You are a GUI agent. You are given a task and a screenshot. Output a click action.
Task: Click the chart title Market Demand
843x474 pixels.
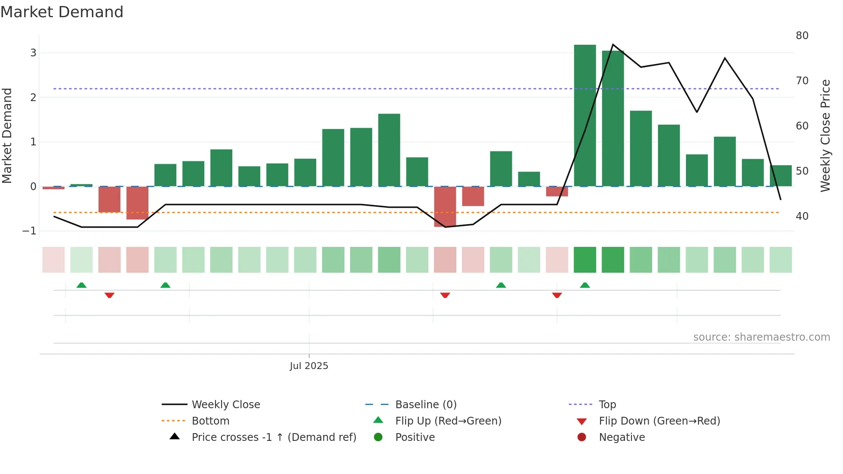coord(62,12)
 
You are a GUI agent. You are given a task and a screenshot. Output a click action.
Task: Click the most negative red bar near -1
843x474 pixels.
coord(445,206)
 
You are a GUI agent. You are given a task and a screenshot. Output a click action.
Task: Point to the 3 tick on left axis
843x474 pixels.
coord(33,53)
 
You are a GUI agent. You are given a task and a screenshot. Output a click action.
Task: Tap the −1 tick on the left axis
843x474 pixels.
coord(30,231)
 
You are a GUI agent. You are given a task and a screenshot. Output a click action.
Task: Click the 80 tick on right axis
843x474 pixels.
coord(802,36)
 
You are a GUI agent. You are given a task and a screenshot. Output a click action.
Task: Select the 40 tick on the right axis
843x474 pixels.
coord(802,216)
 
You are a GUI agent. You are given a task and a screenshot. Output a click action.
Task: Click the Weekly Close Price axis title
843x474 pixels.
coord(825,135)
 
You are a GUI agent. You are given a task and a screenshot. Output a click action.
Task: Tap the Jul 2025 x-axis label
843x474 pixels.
coord(309,366)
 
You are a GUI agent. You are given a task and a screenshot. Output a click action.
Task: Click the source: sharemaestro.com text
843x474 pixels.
coord(761,337)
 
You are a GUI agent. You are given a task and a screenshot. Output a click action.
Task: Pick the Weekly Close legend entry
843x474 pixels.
coord(225,405)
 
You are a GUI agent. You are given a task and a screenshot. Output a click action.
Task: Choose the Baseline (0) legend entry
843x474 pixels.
coord(425,405)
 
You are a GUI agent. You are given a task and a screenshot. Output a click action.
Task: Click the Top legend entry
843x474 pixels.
coord(607,405)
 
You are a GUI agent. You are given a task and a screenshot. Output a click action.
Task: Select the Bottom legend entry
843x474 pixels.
coord(210,421)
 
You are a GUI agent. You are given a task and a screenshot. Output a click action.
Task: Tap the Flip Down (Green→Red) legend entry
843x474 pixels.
coord(659,421)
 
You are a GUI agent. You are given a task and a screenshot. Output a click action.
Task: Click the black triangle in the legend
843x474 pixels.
coord(175,437)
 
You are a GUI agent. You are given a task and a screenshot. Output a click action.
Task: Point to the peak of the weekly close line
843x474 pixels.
coord(613,45)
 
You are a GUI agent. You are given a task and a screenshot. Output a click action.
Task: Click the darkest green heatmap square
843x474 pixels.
coord(585,260)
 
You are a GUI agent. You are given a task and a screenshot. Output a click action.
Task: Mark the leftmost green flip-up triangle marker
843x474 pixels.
coord(81,285)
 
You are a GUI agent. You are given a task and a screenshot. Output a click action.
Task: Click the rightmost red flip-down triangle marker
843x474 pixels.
coord(557,295)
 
